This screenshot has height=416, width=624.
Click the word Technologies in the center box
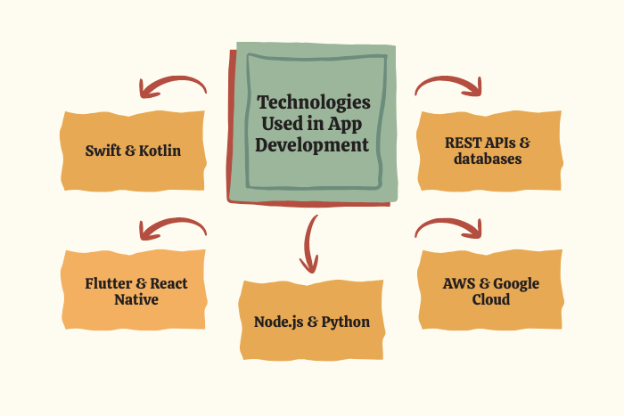point(314,103)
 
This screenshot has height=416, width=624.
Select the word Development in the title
point(312,145)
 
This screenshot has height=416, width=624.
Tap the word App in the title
point(345,125)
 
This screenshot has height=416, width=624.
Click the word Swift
point(103,151)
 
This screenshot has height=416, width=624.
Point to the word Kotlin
point(160,151)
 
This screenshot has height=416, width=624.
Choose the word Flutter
point(109,283)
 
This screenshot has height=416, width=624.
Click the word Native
point(136,299)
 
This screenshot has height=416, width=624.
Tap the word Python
point(346,322)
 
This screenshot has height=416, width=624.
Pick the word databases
point(488,159)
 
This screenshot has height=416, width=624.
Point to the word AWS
point(459,283)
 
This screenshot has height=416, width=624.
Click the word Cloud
point(490,299)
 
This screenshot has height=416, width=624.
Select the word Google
point(516,284)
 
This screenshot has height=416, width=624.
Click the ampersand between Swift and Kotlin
point(130,151)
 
